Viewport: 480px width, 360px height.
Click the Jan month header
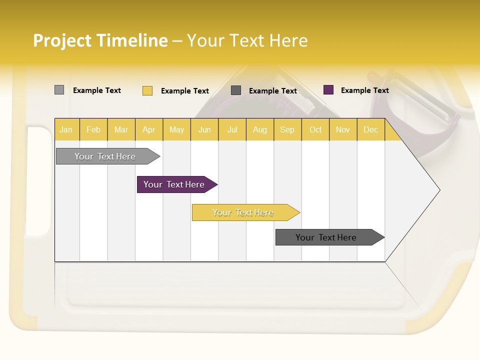[x=66, y=129]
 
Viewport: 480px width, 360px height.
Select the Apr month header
[x=148, y=129]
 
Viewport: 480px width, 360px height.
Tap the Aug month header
[x=259, y=129]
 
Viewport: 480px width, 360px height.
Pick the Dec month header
[x=370, y=129]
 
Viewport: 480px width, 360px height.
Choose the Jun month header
[x=204, y=129]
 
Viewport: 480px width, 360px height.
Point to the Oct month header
[x=315, y=129]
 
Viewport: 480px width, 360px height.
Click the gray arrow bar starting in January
[x=105, y=156]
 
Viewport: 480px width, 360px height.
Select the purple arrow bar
[x=174, y=184]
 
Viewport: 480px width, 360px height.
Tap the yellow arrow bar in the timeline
[x=243, y=212]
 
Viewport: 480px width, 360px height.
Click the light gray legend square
[x=59, y=90]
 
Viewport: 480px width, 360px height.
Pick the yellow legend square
[x=147, y=90]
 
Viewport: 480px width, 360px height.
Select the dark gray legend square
[x=236, y=90]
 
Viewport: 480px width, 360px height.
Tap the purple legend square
[x=328, y=90]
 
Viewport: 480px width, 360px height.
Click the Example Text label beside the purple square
[x=364, y=90]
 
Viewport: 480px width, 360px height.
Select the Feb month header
[x=93, y=129]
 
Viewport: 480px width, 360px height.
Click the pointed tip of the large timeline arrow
[x=438, y=189]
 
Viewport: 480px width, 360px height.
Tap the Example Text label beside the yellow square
[x=184, y=91]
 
